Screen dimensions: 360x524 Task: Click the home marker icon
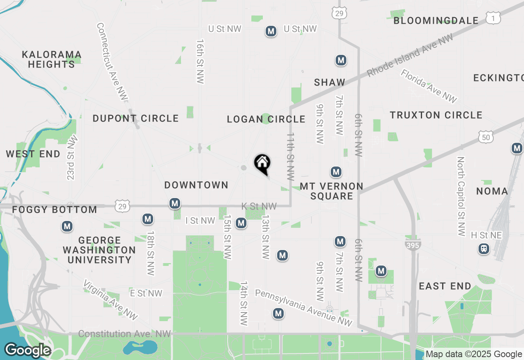(262, 163)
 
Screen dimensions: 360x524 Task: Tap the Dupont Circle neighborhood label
(136, 119)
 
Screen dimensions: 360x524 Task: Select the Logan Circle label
(266, 119)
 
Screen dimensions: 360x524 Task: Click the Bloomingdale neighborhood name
(436, 21)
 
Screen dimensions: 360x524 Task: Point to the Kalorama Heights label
(52, 59)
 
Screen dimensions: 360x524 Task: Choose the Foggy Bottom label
(54, 210)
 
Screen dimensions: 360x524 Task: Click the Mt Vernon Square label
(332, 191)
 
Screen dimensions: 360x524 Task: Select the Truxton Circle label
(436, 115)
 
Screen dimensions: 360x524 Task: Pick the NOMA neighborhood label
(492, 191)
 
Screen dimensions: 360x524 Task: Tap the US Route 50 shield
(486, 137)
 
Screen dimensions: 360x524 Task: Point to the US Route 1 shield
(493, 18)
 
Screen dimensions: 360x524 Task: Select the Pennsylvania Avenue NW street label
(303, 308)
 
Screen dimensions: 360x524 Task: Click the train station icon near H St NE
(484, 248)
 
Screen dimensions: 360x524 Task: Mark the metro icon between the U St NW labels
(271, 31)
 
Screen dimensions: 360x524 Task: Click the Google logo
(27, 351)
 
